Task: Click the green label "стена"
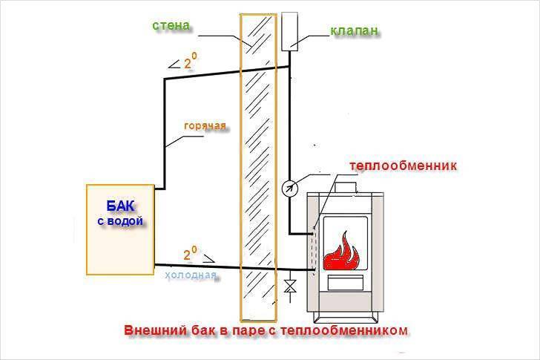point(171,25)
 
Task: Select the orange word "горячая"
point(205,125)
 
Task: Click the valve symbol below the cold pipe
point(289,285)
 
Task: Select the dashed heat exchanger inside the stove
point(317,245)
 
